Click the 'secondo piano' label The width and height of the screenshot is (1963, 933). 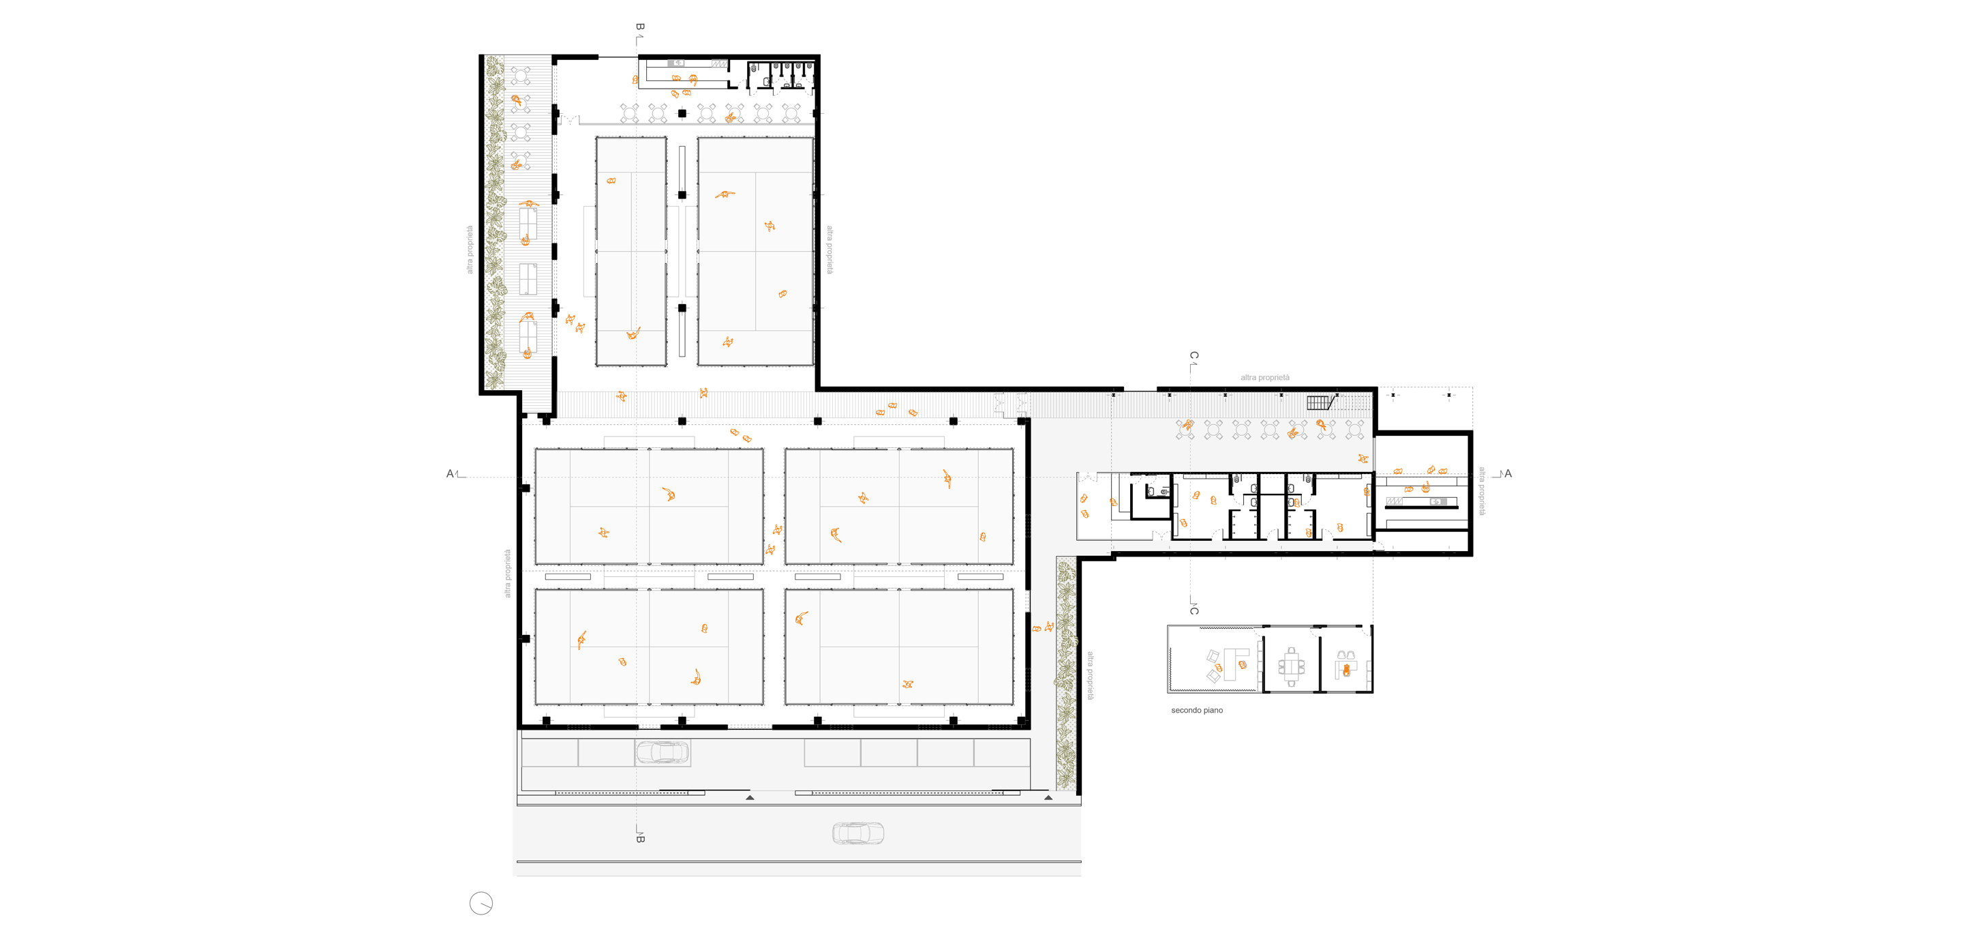click(x=1196, y=711)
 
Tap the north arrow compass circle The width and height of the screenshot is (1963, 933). click(x=481, y=903)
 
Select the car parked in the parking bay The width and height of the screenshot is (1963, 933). click(x=663, y=752)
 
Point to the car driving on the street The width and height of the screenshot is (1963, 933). click(x=858, y=833)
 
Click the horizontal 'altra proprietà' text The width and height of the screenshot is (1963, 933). click(x=1265, y=377)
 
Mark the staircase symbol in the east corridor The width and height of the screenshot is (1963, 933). click(x=1322, y=402)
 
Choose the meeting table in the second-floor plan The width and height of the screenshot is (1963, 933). click(x=1291, y=667)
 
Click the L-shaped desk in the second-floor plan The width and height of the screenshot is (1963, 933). click(x=1235, y=662)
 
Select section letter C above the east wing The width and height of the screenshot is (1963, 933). click(x=1194, y=356)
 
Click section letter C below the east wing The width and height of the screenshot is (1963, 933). click(x=1194, y=610)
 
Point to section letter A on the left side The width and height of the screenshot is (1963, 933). click(x=450, y=474)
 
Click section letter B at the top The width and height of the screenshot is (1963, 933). click(x=640, y=27)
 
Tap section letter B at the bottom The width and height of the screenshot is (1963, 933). click(x=640, y=838)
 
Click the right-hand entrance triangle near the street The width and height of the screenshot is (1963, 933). click(x=1048, y=797)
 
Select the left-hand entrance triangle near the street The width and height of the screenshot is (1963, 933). click(x=750, y=797)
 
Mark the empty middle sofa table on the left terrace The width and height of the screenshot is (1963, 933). click(x=528, y=279)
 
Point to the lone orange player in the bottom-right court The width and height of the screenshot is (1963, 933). click(x=908, y=684)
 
